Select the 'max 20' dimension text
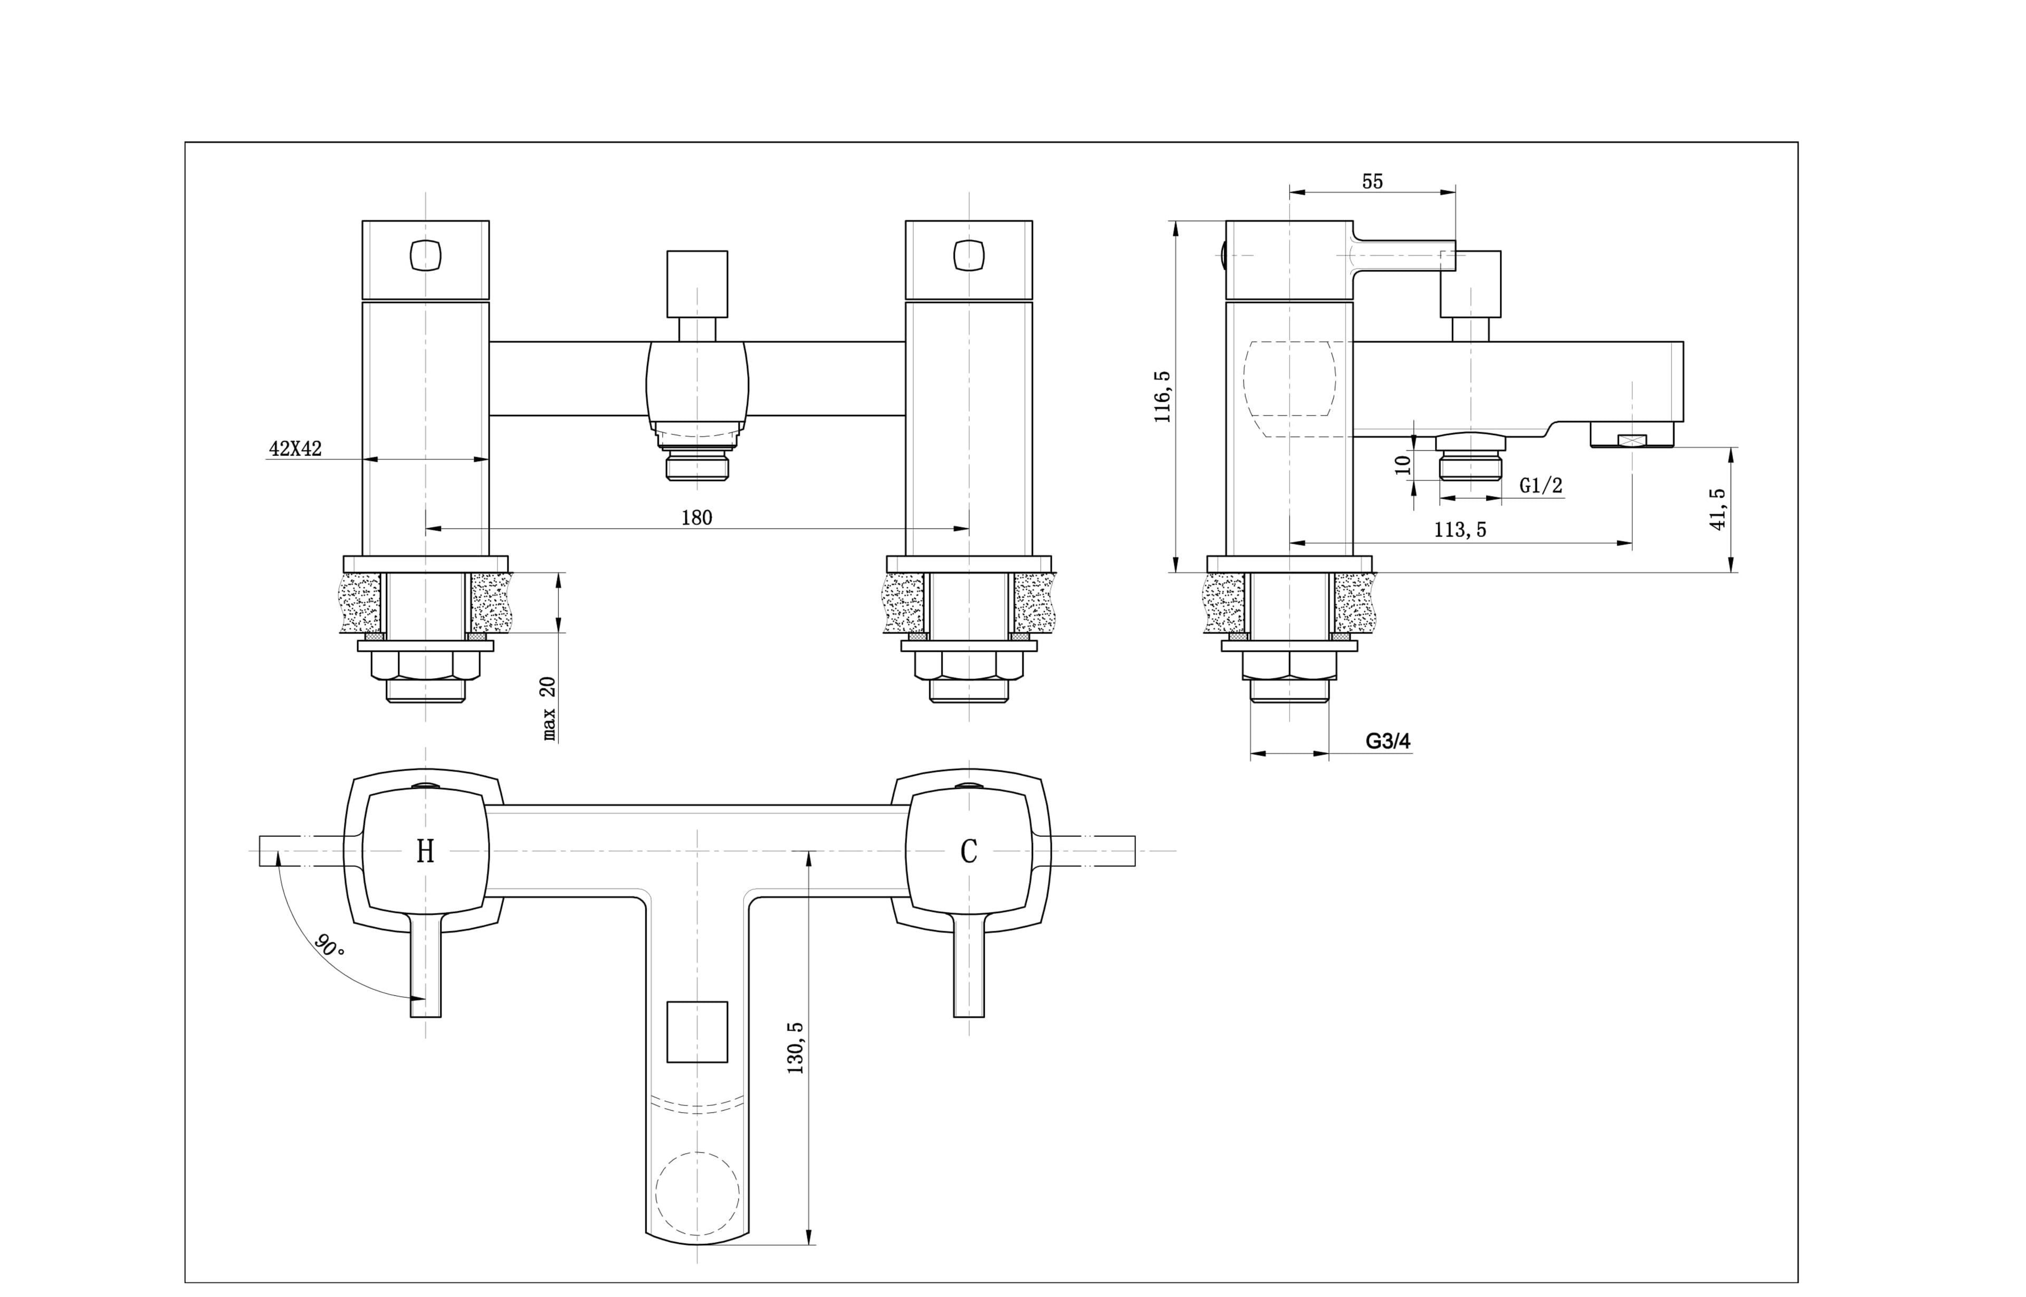click(x=549, y=708)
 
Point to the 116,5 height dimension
click(x=1163, y=396)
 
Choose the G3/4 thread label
click(x=1388, y=741)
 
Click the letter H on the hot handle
click(x=425, y=852)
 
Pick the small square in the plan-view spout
click(x=696, y=1032)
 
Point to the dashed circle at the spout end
click(x=696, y=1194)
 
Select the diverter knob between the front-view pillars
click(x=696, y=283)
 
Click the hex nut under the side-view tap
click(x=1288, y=666)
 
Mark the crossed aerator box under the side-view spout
click(x=1631, y=440)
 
